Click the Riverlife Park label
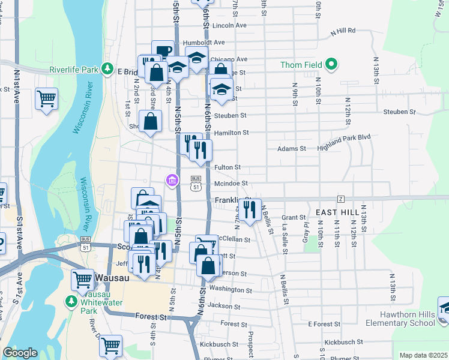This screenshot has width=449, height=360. pyautogui.click(x=74, y=70)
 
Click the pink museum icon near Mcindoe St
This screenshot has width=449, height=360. pyautogui.click(x=172, y=180)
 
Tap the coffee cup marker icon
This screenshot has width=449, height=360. pyautogui.click(x=163, y=50)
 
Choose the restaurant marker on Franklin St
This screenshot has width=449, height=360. pyautogui.click(x=250, y=209)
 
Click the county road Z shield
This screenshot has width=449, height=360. pyautogui.click(x=340, y=198)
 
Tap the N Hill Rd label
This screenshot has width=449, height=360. pyautogui.click(x=343, y=30)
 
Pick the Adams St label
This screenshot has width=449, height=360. pyautogui.click(x=291, y=148)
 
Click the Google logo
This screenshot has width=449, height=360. pyautogui.click(x=20, y=353)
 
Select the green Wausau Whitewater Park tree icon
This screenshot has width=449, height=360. pyautogui.click(x=71, y=300)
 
